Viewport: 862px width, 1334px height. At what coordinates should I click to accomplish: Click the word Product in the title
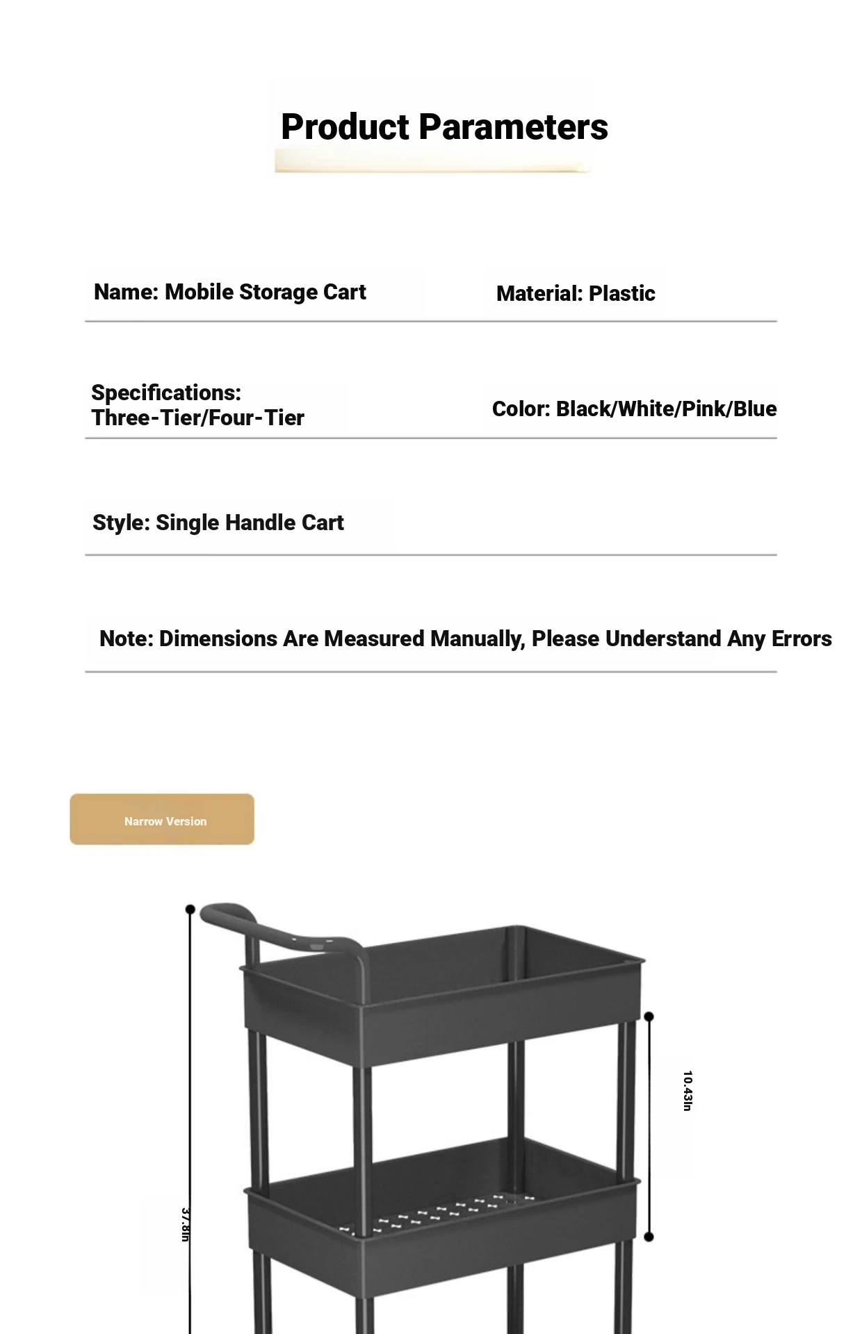tap(345, 127)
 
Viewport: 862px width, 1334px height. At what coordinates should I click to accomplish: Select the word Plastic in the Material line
tap(621, 294)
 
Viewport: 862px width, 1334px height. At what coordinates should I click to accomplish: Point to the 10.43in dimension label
tap(687, 1091)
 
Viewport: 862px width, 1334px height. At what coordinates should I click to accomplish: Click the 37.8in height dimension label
tap(186, 1225)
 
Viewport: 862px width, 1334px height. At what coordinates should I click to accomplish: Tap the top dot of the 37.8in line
tap(190, 909)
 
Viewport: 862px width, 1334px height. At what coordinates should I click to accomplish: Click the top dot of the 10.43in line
tap(649, 1016)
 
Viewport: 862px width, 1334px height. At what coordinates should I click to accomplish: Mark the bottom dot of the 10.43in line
tap(649, 1237)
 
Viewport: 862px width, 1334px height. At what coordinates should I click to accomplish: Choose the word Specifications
tap(165, 393)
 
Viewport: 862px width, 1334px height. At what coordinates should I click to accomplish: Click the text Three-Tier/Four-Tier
tap(198, 418)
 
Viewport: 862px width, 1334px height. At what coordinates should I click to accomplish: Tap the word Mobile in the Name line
tap(199, 292)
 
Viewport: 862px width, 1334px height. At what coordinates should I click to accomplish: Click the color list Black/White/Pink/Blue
tap(666, 409)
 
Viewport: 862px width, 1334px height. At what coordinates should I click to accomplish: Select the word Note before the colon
tap(123, 639)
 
